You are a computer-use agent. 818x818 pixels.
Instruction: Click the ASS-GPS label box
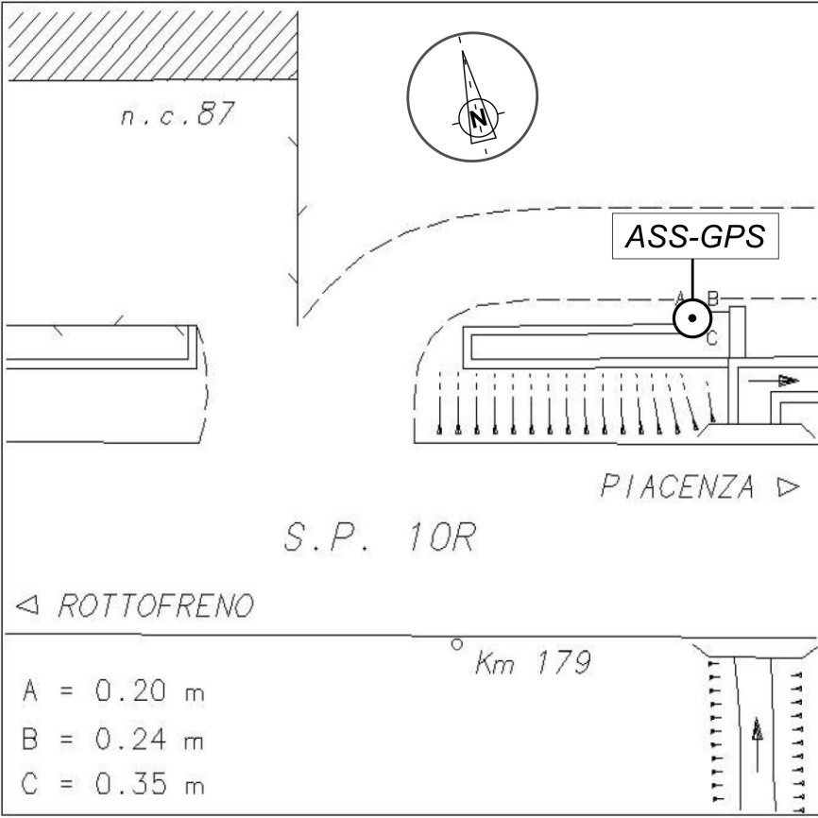[x=695, y=236]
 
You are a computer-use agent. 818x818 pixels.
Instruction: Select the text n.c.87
[x=178, y=113]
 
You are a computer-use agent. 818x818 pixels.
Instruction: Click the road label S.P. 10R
[x=380, y=537]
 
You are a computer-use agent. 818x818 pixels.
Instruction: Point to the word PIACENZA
[x=677, y=486]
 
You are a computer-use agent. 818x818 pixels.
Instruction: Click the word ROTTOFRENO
[x=156, y=605]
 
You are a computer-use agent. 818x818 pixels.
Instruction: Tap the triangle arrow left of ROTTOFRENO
[x=27, y=605]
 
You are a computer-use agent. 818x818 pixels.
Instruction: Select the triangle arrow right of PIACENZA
[x=789, y=486]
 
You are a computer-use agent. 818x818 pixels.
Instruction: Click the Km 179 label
[x=533, y=662]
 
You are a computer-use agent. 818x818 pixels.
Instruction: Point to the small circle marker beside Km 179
[x=457, y=645]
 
